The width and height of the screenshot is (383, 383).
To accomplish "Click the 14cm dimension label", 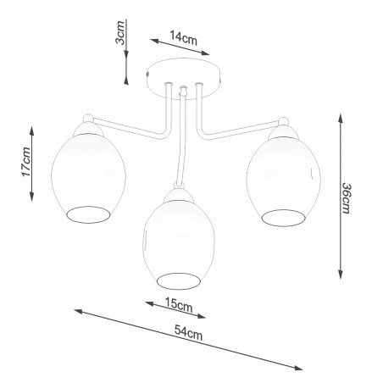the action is pos(183,38).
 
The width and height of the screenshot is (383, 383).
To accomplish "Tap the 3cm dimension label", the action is pos(120,32).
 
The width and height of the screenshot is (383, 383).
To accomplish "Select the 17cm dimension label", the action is pos(26,162).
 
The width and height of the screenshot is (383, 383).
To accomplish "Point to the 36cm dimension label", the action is pos(347,198).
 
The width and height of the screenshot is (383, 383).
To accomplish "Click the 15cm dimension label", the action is pos(179,304).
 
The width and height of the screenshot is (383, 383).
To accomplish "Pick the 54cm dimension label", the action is pos(188,333).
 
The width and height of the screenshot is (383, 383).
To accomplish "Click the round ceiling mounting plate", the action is pos(184,79).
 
